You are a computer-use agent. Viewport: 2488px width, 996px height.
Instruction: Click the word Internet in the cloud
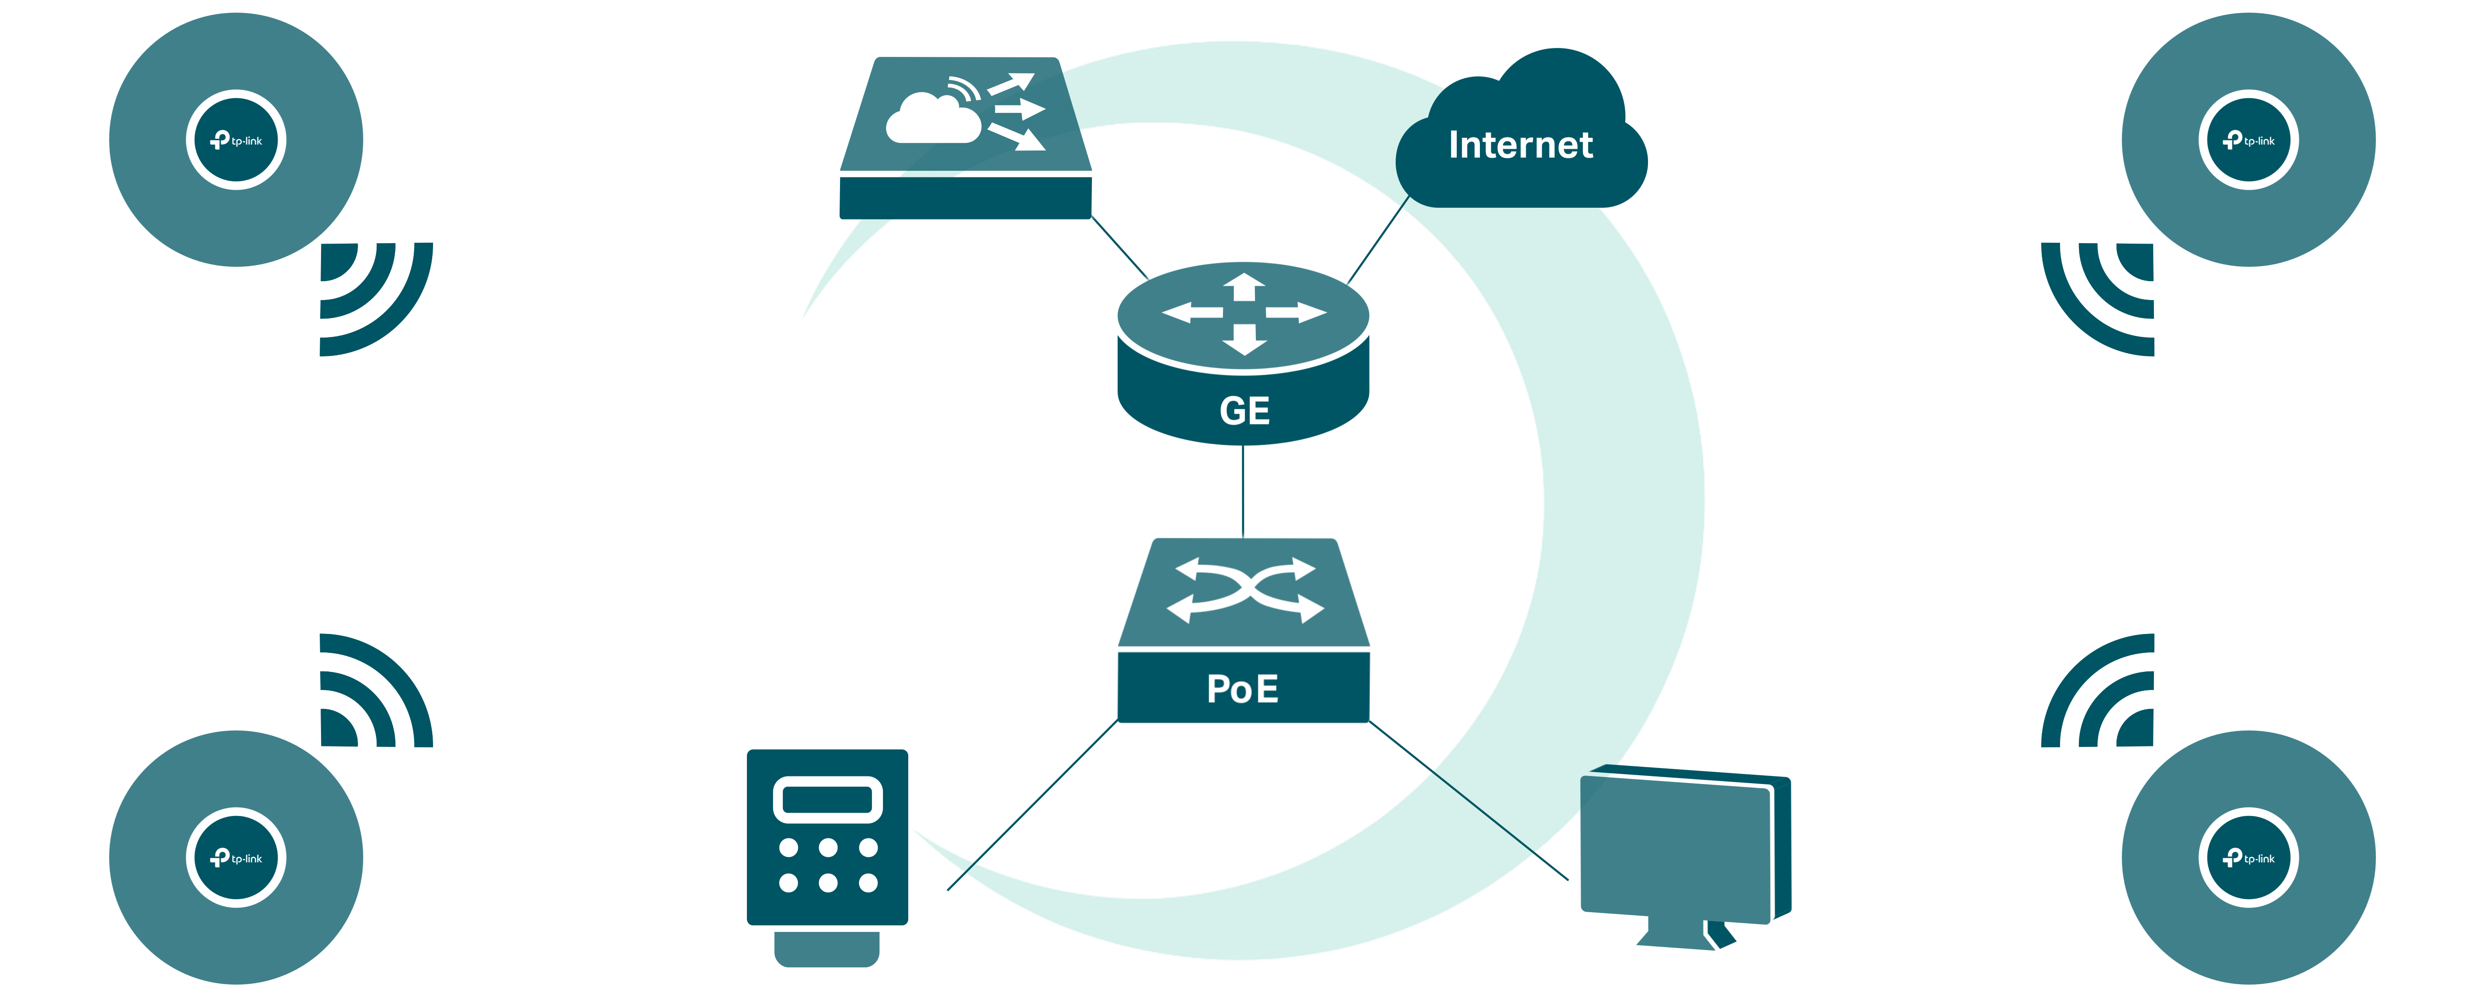(1520, 145)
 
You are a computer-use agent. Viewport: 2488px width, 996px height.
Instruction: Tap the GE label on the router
(1244, 411)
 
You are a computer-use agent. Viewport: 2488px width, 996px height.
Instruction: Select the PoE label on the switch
(1243, 689)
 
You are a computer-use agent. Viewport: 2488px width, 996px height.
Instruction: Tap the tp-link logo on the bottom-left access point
(237, 858)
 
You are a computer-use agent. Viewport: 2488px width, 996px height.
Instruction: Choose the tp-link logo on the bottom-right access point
(2248, 858)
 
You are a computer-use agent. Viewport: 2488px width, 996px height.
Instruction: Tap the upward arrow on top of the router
(1244, 287)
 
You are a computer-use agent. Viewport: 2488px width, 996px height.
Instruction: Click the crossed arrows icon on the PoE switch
(1244, 589)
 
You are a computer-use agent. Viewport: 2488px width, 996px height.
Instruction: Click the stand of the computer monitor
(1685, 935)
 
